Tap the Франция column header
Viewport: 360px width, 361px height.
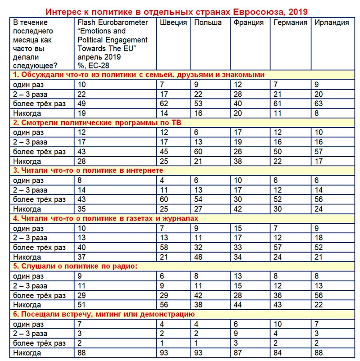click(249, 23)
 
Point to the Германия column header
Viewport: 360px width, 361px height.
click(290, 23)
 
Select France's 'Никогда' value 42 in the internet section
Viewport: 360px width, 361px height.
click(238, 209)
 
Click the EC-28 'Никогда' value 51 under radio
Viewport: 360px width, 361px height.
click(81, 305)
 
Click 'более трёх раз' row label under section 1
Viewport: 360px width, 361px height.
click(39, 104)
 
